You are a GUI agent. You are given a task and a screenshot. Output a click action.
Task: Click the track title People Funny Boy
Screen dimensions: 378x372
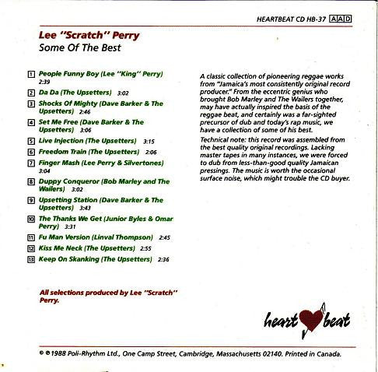point(71,74)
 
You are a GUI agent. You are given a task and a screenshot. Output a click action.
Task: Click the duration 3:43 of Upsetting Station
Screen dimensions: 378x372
point(85,208)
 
